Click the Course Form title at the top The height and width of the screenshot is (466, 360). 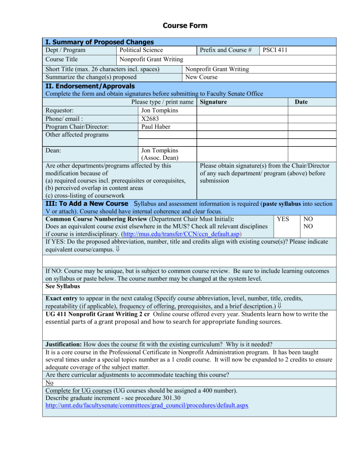tap(180, 25)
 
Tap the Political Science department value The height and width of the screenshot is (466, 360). tap(141, 50)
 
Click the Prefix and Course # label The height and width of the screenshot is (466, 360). tap(225, 50)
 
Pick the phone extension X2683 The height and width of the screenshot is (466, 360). tap(150, 119)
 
